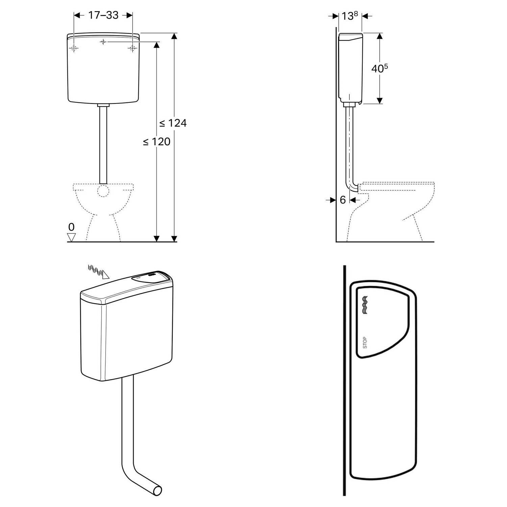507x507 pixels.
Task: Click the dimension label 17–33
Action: coord(103,15)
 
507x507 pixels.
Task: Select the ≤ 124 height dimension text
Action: coord(173,123)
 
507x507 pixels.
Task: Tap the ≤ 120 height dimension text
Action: coord(156,142)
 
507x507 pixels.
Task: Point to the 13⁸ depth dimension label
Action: coord(349,15)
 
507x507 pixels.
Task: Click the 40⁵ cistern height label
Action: coord(380,68)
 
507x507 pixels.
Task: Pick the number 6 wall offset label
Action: coord(343,200)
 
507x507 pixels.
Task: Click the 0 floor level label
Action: coord(71,227)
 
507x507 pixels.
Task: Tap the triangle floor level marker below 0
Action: coord(71,237)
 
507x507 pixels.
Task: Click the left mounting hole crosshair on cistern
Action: coord(74,48)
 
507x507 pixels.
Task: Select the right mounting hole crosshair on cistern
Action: coord(132,48)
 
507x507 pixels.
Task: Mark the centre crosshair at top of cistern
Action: coord(103,42)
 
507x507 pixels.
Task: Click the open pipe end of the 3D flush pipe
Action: coord(157,490)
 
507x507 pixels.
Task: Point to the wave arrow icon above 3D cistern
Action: coord(98,271)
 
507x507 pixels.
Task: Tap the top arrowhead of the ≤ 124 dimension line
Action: coord(174,36)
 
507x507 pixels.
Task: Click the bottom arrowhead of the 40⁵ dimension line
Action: coord(380,100)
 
